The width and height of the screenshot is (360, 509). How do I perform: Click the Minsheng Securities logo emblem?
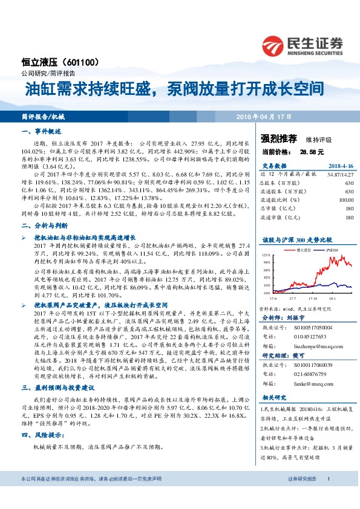tap(275, 45)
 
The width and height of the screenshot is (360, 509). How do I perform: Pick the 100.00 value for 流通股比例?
tap(346, 199)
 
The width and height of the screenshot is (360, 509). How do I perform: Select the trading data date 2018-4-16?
tap(340, 165)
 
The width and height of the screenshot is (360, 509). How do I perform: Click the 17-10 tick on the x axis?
tap(315, 299)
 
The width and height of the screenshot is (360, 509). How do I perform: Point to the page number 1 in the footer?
tap(328, 496)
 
